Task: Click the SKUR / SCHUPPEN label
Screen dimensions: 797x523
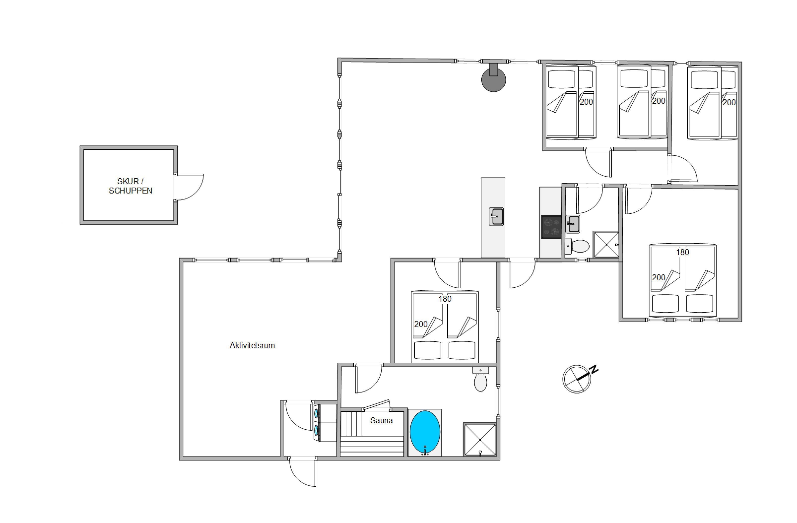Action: [130, 186]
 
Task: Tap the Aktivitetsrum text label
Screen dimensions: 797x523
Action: [252, 346]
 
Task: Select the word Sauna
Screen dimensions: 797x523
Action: [381, 421]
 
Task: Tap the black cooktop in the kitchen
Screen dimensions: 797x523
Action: [551, 227]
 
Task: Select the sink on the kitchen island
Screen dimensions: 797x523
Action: [496, 217]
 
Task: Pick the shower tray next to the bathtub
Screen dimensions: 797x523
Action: [480, 439]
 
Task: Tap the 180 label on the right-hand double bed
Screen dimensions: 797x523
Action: [682, 252]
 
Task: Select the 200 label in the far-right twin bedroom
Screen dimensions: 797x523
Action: [729, 102]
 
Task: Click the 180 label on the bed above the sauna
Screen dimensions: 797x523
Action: [445, 299]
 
